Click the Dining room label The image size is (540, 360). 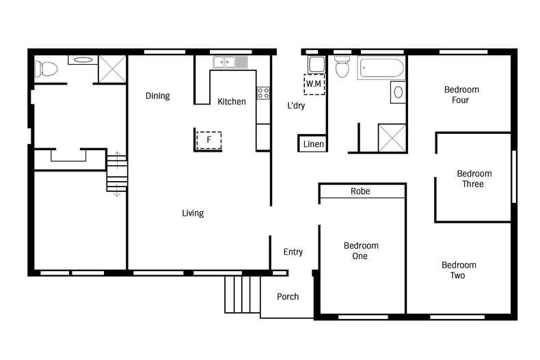tap(158, 96)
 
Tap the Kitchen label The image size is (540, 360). tap(232, 102)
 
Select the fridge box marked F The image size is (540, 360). tap(209, 140)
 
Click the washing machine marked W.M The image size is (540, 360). tap(314, 83)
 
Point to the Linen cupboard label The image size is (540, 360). tap(313, 144)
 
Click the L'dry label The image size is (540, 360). tap(296, 105)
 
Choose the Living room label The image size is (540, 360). tap(193, 213)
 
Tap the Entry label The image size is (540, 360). tap(293, 252)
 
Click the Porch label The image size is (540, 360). tap(288, 296)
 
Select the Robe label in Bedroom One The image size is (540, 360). tap(360, 191)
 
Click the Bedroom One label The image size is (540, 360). tap(360, 251)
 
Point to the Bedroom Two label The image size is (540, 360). tap(458, 270)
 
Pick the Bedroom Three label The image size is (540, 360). tap(474, 178)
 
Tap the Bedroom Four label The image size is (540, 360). tap(461, 95)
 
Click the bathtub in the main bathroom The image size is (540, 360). tap(380, 68)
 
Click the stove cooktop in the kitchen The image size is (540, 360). tap(263, 94)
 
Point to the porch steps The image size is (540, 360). tap(243, 294)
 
